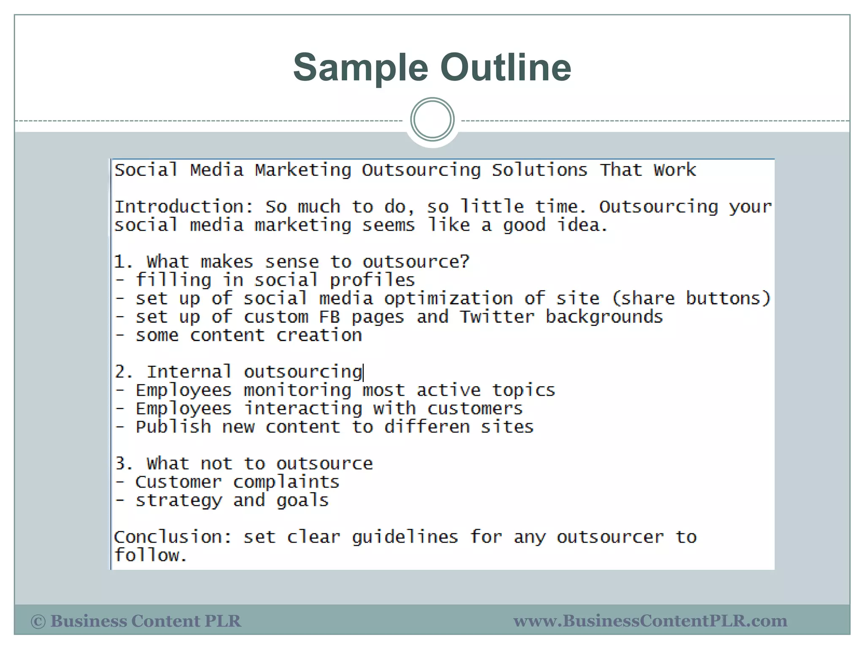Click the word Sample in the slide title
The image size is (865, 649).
tap(361, 68)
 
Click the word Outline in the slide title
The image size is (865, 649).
tap(506, 68)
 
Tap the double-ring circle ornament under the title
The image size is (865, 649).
tap(432, 120)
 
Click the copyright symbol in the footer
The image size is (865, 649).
tap(38, 622)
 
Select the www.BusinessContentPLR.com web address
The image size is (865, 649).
tap(650, 621)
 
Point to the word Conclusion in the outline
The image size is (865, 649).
tap(173, 537)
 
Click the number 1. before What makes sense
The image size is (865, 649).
tap(123, 262)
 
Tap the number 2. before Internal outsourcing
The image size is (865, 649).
tap(124, 372)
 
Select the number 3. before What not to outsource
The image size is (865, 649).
tap(124, 464)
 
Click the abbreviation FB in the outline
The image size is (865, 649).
tap(329, 317)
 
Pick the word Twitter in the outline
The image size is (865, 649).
tap(497, 317)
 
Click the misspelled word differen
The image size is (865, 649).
tap(427, 427)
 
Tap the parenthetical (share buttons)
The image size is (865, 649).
tap(691, 299)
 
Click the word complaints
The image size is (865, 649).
tap(286, 482)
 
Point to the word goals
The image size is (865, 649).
tap(302, 501)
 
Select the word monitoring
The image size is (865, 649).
tap(297, 390)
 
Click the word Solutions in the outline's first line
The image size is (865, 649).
tap(539, 170)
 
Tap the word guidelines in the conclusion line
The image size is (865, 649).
tap(405, 537)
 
